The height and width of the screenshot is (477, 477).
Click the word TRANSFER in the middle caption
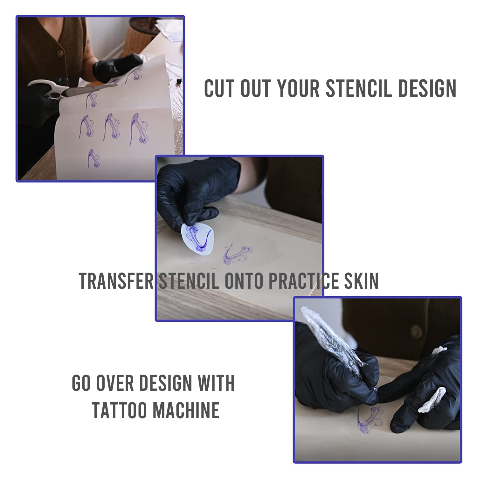[116, 281]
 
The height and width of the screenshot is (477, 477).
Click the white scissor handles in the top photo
[45, 89]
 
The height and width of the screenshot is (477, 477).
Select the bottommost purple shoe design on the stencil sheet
[93, 159]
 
